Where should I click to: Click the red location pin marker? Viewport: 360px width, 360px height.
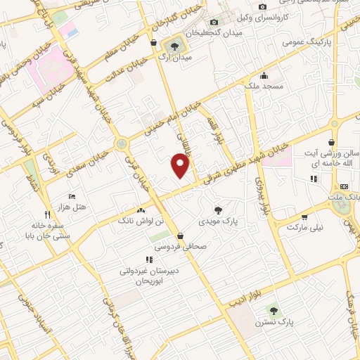181,165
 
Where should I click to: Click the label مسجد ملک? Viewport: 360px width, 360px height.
264,86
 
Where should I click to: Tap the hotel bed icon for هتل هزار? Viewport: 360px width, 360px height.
72,196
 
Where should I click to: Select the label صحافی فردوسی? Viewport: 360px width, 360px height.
181,247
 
